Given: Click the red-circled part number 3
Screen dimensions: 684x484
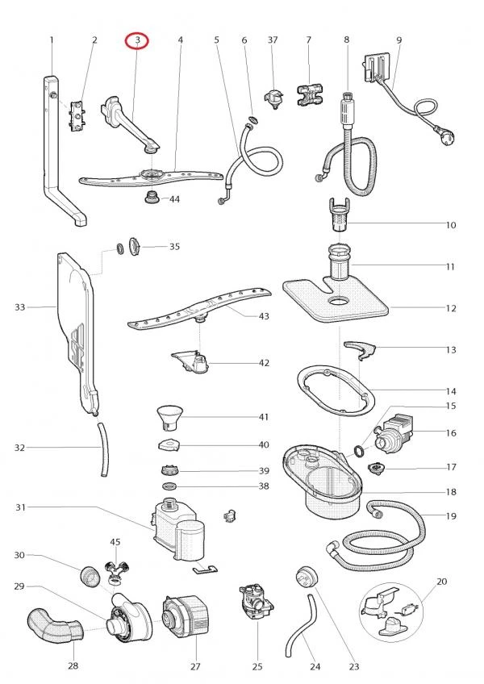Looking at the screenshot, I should click(x=138, y=40).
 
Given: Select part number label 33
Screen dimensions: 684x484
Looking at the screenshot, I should click(x=20, y=307).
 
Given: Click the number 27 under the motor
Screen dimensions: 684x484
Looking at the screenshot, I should click(x=194, y=666).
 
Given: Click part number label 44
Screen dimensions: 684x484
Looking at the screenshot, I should click(x=174, y=198).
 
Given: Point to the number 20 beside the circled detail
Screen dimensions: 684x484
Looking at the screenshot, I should click(x=441, y=581).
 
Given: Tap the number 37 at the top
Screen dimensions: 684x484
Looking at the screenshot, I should click(x=273, y=40).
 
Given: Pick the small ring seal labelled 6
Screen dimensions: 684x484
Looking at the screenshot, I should click(x=253, y=120).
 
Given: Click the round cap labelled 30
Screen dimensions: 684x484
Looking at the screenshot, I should click(x=92, y=577).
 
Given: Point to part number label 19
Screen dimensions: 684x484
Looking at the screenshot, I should click(x=451, y=514).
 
